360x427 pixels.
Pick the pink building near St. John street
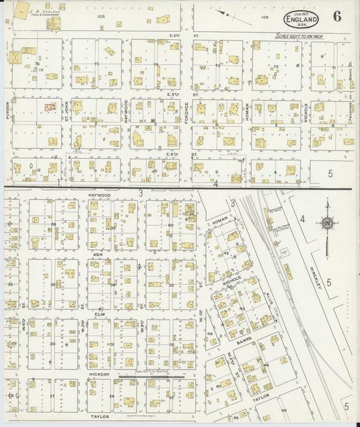click(49, 107)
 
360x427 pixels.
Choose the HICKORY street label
click(99, 373)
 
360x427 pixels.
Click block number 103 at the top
click(101, 16)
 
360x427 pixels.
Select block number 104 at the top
click(264, 16)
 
